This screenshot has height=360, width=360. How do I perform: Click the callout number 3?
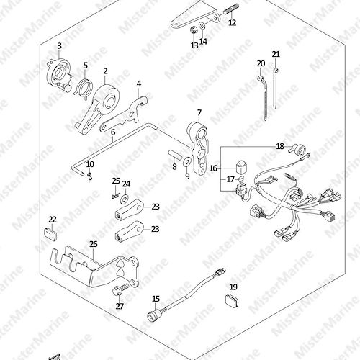tap(59, 46)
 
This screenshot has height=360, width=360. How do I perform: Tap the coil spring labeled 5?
tap(85, 88)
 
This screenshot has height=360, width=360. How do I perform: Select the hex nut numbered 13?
tap(194, 30)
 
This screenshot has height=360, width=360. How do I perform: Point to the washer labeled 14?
tap(202, 25)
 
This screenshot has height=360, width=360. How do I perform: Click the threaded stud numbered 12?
tap(231, 10)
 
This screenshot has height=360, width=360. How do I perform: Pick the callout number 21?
tap(276, 54)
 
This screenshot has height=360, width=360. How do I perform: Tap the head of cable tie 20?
tap(261, 78)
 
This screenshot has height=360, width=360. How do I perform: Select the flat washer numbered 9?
tap(187, 161)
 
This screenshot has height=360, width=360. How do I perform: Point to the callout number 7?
tap(199, 112)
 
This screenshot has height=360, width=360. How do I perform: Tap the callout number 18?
tap(280, 146)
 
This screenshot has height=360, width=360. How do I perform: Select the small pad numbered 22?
tap(50, 233)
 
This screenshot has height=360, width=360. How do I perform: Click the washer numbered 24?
tap(125, 199)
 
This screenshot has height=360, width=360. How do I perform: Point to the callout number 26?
tap(94, 244)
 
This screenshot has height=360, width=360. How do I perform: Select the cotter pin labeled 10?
tap(90, 176)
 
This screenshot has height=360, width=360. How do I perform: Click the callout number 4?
tap(139, 84)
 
